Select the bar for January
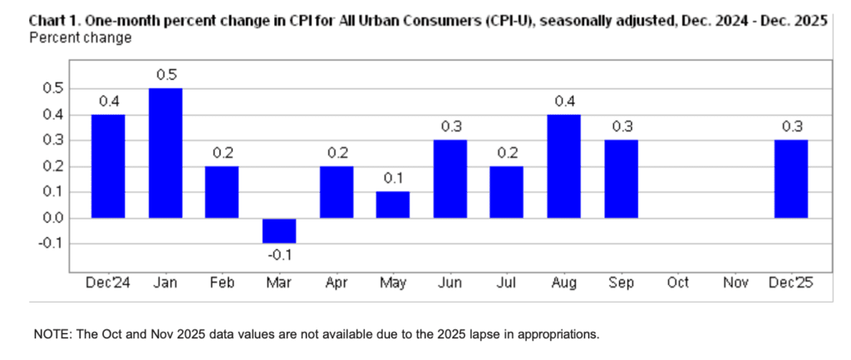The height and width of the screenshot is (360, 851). [x=165, y=153]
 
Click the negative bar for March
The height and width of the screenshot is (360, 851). [x=279, y=230]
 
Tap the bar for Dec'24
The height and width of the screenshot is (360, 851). [x=108, y=166]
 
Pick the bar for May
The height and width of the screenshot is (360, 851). [x=393, y=205]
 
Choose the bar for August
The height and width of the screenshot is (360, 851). [x=563, y=166]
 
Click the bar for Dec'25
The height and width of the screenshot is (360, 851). [x=790, y=179]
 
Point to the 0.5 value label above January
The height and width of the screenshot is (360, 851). [x=165, y=76]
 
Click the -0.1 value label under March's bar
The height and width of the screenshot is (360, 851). [x=279, y=256]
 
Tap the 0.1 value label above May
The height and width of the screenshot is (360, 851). [x=393, y=180]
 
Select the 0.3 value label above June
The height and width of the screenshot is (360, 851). [x=450, y=127]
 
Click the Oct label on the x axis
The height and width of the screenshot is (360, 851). [x=677, y=284]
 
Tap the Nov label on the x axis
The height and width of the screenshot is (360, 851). [x=735, y=284]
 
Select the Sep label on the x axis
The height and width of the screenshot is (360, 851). [x=621, y=284]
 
